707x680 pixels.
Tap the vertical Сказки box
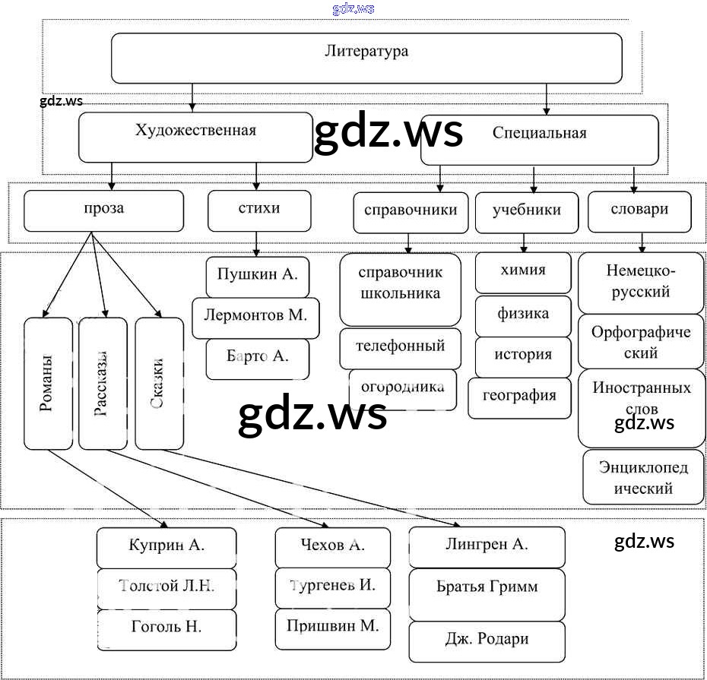159,384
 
